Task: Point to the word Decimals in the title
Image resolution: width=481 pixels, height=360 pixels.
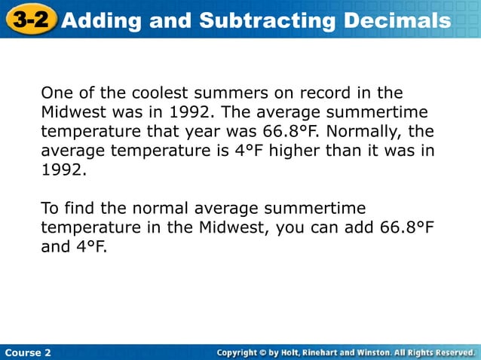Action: pyautogui.click(x=397, y=20)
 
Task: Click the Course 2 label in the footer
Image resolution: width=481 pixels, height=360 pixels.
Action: pyautogui.click(x=28, y=352)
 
